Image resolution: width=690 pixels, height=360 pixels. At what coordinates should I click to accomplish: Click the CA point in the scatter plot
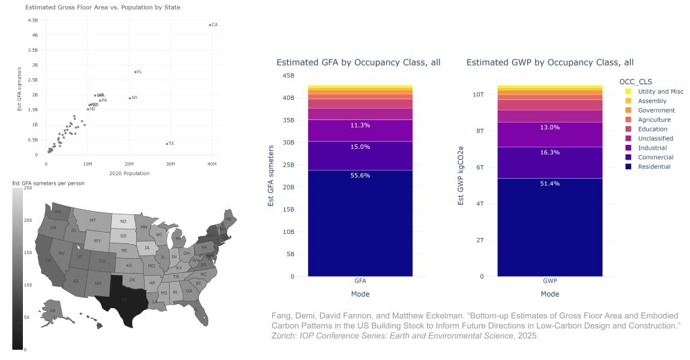(x=210, y=24)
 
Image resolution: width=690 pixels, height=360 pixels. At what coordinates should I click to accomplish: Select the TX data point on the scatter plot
(x=167, y=144)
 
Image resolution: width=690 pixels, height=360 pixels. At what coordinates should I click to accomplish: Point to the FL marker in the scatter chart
(x=135, y=71)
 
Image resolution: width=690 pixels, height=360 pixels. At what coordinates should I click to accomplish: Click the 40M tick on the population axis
(x=212, y=164)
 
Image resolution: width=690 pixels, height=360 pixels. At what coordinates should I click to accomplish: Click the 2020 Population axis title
(x=129, y=174)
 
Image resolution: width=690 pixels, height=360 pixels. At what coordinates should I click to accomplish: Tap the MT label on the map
(x=93, y=220)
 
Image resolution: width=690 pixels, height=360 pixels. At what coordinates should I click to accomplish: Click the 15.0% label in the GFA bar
(x=359, y=156)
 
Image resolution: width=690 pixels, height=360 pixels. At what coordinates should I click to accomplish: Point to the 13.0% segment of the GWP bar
(x=549, y=134)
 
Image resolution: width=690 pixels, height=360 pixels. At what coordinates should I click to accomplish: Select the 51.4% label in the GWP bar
(x=549, y=183)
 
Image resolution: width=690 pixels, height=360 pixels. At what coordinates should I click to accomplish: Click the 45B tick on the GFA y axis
(x=288, y=76)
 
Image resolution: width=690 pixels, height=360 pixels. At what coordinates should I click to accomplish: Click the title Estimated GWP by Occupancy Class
(x=550, y=62)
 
